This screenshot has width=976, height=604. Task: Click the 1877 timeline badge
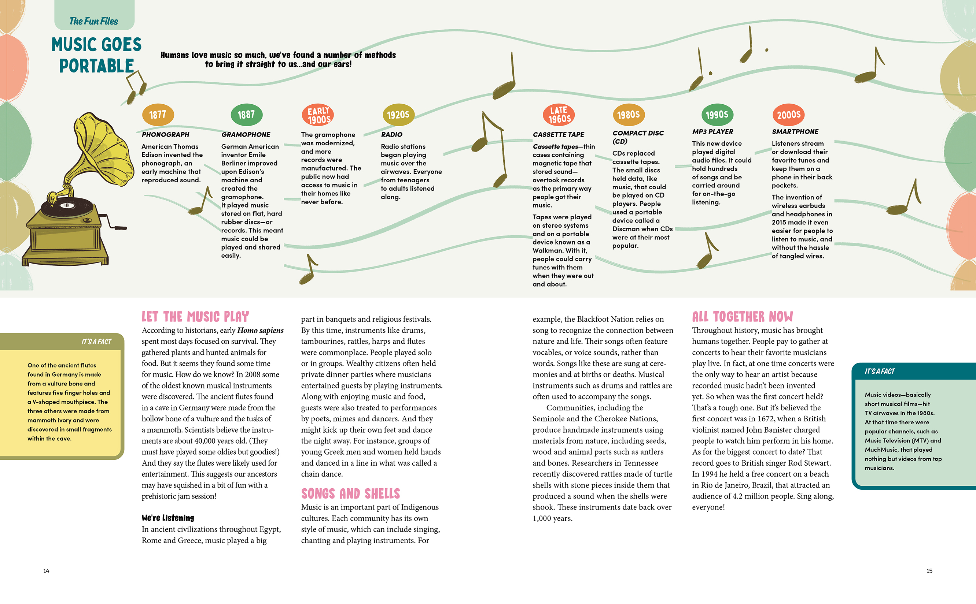(x=158, y=115)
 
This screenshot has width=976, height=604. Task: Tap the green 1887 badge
(x=246, y=115)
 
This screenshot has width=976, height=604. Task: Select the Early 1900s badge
(x=318, y=115)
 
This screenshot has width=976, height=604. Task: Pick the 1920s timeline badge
(x=398, y=115)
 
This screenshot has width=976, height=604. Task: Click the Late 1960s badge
(x=559, y=115)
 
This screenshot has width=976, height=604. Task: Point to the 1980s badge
(x=629, y=115)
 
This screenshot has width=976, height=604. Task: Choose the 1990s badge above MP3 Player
(x=717, y=115)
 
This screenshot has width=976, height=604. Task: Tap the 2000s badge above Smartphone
(x=788, y=115)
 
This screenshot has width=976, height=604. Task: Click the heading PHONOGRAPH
(x=165, y=135)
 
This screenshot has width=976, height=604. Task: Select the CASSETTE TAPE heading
(x=558, y=135)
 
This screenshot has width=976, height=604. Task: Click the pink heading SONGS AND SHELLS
(x=350, y=494)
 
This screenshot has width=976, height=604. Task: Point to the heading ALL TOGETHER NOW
(x=743, y=317)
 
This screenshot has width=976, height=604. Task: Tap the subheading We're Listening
(x=167, y=518)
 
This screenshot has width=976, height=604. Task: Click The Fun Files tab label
(x=94, y=21)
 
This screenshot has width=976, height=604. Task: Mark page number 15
(x=929, y=571)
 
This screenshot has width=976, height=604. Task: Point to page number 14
(x=47, y=571)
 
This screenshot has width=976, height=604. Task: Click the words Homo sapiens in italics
(x=260, y=330)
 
